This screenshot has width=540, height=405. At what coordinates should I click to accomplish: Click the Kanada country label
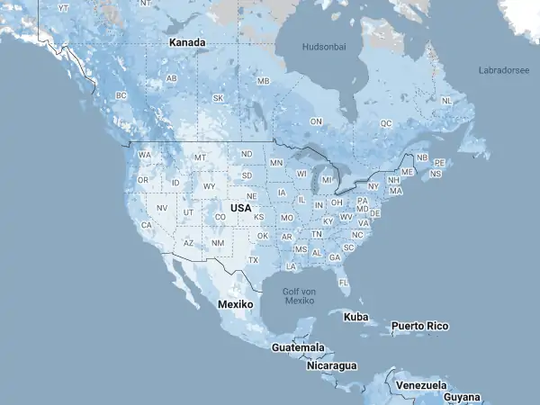pyautogui.click(x=188, y=42)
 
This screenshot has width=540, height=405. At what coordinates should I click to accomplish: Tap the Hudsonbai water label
pyautogui.click(x=324, y=46)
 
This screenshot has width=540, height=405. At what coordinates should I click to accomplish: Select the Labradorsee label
pyautogui.click(x=504, y=68)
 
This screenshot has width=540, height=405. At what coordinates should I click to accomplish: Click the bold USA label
pyautogui.click(x=240, y=208)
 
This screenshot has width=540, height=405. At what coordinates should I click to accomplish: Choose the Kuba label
pyautogui.click(x=356, y=317)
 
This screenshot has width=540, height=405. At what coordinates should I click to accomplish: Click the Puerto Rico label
pyautogui.click(x=419, y=326)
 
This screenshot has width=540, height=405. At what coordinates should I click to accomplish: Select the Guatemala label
pyautogui.click(x=298, y=347)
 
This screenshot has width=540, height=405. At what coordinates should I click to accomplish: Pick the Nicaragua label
pyautogui.click(x=331, y=365)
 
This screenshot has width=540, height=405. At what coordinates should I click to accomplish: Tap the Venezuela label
pyautogui.click(x=421, y=385)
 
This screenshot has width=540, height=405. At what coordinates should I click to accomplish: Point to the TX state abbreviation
pyautogui.click(x=253, y=260)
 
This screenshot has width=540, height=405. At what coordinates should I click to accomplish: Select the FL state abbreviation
pyautogui.click(x=344, y=282)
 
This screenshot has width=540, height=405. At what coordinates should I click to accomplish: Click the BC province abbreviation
pyautogui.click(x=122, y=95)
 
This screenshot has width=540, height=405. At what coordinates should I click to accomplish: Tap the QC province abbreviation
pyautogui.click(x=386, y=122)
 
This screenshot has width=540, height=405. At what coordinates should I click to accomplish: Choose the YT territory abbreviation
pyautogui.click(x=63, y=7)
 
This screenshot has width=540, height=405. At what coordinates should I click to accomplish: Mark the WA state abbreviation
pyautogui.click(x=145, y=155)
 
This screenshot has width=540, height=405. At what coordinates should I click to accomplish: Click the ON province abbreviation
pyautogui.click(x=316, y=121)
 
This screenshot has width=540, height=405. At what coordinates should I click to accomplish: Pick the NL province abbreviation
pyautogui.click(x=446, y=101)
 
